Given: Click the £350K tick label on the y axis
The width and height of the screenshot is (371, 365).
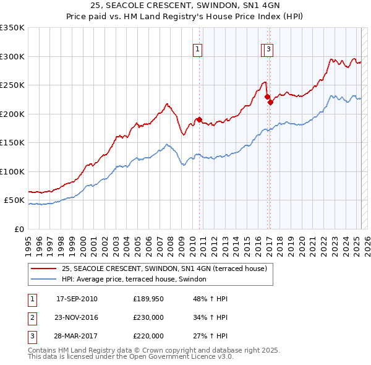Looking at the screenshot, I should [x=12, y=28].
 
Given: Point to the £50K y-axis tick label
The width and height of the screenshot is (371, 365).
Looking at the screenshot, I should [x=14, y=200].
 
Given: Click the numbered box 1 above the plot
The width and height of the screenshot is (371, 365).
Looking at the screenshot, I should [x=197, y=51].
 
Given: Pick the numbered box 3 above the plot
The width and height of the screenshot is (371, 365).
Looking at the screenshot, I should [x=270, y=51].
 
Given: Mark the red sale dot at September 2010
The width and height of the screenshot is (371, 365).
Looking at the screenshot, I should [x=199, y=119].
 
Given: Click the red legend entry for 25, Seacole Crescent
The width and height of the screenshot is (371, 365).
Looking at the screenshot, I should [x=164, y=268].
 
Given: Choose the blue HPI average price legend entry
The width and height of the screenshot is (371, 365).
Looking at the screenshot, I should [x=137, y=280].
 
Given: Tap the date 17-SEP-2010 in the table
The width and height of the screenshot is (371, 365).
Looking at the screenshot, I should [x=77, y=299].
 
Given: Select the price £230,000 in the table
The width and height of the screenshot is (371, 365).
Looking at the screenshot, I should [x=148, y=317].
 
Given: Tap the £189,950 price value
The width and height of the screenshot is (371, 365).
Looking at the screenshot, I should [x=148, y=299].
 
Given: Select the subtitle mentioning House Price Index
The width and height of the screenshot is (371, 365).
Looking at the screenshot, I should [x=185, y=19].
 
